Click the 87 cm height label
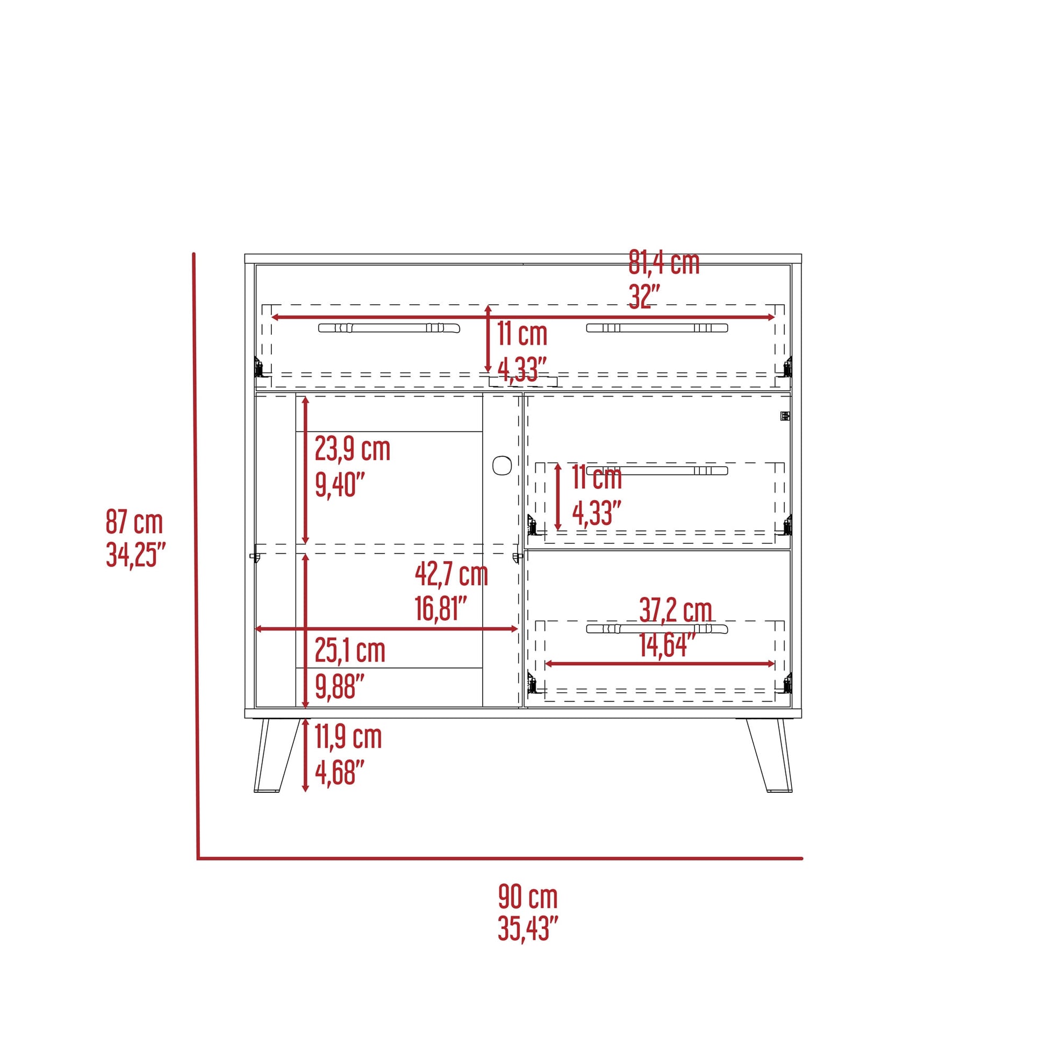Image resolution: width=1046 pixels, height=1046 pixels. coord(134,522)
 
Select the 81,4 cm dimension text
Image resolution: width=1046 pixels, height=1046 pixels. coord(664,263)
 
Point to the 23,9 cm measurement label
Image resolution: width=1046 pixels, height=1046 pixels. coord(353,449)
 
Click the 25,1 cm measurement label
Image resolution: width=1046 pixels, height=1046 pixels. coord(350,651)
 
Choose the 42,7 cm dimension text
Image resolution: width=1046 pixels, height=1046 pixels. coord(452,575)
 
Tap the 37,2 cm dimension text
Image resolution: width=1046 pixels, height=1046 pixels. coord(675,610)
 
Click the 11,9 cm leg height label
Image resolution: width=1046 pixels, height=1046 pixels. coord(348,737)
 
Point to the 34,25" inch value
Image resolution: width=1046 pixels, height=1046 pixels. coord(135,554)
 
